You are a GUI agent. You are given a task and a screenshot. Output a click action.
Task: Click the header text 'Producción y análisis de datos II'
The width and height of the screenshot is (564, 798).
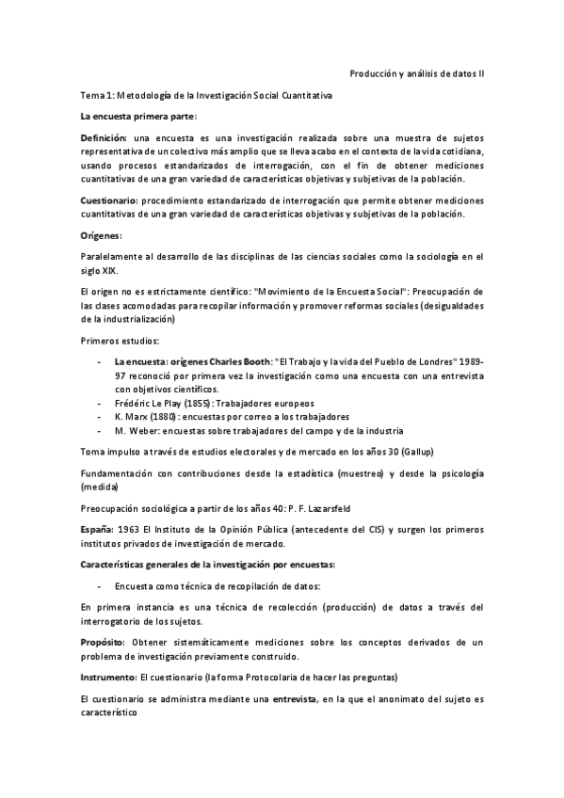(417, 73)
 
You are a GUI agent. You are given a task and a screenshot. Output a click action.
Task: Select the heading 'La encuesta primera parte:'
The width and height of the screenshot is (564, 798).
(138, 116)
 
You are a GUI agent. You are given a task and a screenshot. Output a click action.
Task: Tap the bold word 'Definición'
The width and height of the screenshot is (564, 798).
(105, 137)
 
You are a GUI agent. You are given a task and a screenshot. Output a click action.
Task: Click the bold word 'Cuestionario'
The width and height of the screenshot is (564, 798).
(109, 200)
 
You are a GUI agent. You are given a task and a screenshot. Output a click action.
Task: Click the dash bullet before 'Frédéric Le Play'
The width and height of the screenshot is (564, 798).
(101, 402)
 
